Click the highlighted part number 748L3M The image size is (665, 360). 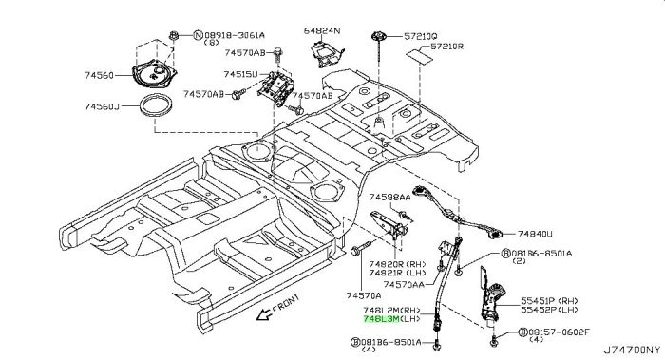click(x=381, y=319)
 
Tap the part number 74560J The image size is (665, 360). click(x=102, y=106)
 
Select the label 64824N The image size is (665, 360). click(x=322, y=30)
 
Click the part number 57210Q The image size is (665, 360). click(x=420, y=37)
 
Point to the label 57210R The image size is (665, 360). click(x=447, y=47)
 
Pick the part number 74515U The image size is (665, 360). click(x=240, y=75)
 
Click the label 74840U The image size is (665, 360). click(x=535, y=234)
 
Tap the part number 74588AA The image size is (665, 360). click(x=389, y=197)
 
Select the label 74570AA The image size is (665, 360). click(x=404, y=285)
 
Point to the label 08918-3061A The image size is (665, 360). click(x=235, y=35)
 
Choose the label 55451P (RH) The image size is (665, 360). click(x=549, y=301)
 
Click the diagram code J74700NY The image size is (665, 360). click(x=632, y=351)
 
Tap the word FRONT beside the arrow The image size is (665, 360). click(x=286, y=303)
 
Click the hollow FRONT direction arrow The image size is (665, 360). click(x=264, y=314)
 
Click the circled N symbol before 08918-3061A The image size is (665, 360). click(x=198, y=35)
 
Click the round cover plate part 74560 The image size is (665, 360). click(x=154, y=75)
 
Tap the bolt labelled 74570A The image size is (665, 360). click(x=361, y=248)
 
